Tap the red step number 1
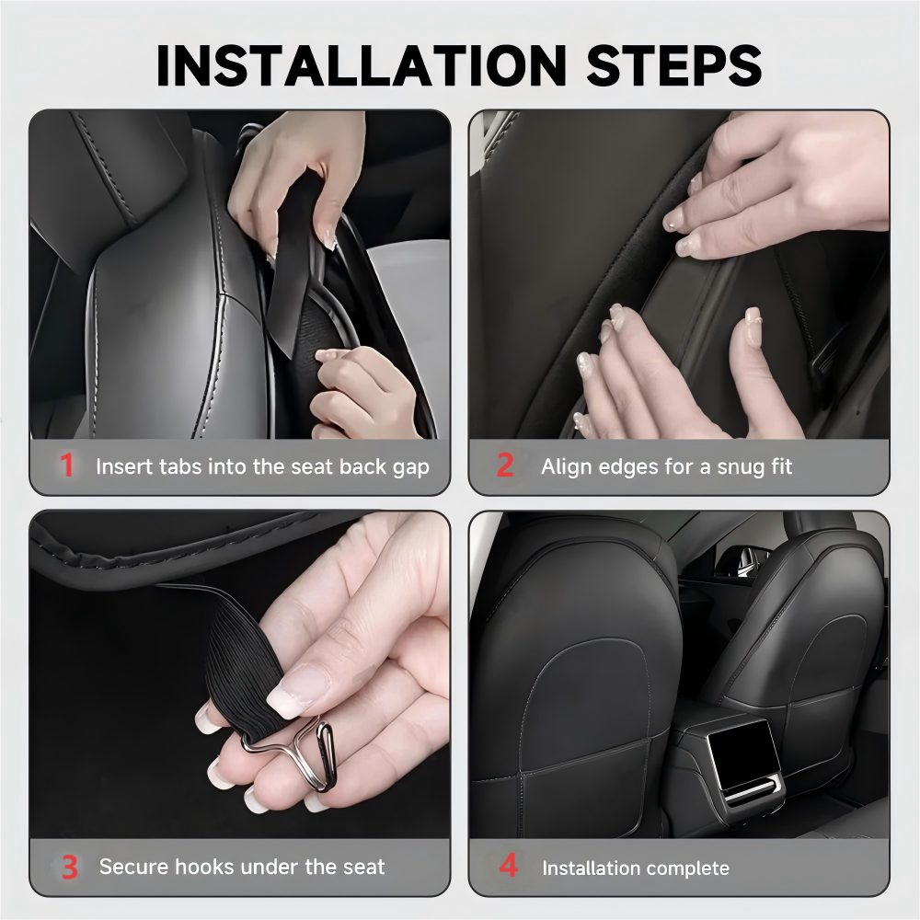coord(67,466)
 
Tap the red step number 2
coord(505,466)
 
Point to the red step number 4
coord(508,868)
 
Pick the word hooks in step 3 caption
coord(192,867)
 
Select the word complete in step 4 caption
coord(685,868)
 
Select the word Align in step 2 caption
coord(566,467)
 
